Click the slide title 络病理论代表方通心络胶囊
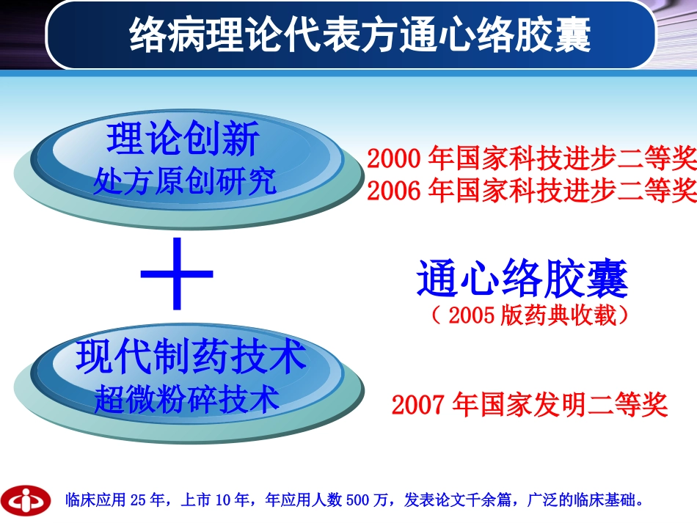tap(360, 36)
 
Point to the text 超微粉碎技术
tap(187, 399)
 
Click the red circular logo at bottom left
tap(26, 500)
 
